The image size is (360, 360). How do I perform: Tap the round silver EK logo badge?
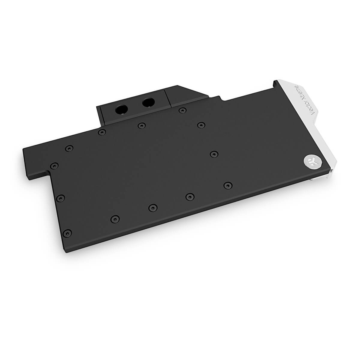coord(310,160)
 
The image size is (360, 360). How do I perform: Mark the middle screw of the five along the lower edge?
coord(153,207)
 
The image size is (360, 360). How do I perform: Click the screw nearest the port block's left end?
coord(102,132)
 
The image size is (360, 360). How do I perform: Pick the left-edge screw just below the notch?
coord(61,197)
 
